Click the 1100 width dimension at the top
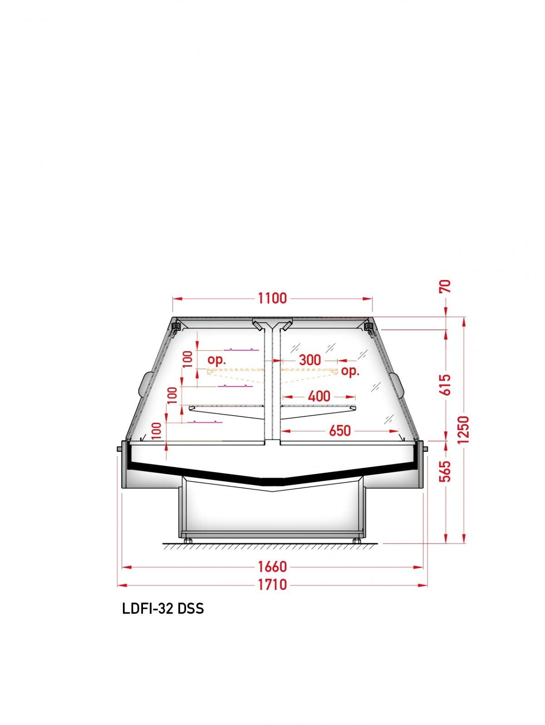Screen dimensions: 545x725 coord(272,298)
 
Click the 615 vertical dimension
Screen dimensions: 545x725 coord(446,385)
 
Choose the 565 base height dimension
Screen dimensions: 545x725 coord(446,472)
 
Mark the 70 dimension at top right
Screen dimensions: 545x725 coord(445,286)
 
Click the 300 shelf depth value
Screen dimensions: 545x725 coord(310,360)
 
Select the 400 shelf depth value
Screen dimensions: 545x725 coord(319,396)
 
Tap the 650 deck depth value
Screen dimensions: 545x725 coord(340,431)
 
